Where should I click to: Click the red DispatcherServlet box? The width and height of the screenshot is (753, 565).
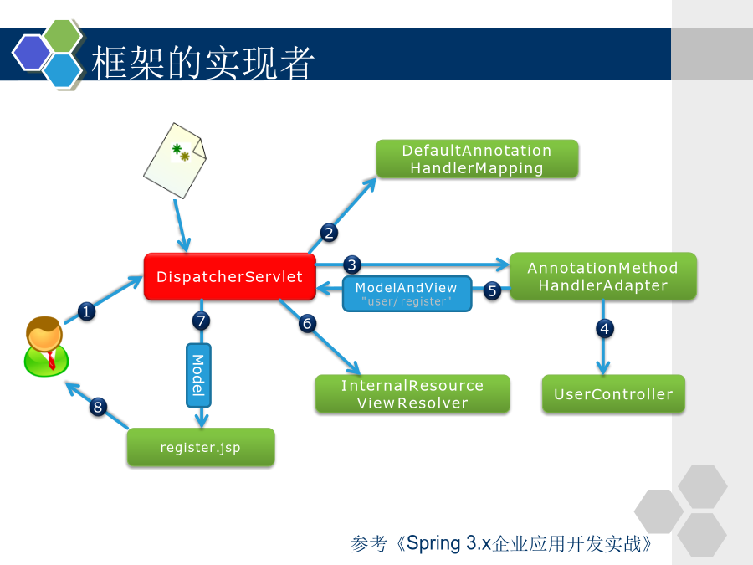[x=229, y=277]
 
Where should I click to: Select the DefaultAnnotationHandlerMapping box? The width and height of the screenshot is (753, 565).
[x=477, y=159]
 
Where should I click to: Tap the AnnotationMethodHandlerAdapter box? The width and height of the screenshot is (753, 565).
[x=602, y=276]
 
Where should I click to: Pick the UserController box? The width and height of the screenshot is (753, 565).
[x=613, y=394]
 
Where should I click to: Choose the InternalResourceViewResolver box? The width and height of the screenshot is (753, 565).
[x=412, y=394]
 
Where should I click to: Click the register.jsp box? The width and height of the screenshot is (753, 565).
[x=201, y=447]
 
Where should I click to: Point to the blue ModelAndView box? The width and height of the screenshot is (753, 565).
[x=407, y=294]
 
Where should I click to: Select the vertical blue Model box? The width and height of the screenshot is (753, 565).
[x=198, y=375]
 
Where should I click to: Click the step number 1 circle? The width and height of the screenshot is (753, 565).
[x=86, y=312]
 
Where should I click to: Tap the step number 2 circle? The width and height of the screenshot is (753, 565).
[x=329, y=233]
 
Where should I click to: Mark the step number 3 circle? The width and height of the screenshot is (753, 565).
[x=352, y=265]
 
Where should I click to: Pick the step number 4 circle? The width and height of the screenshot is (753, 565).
[x=605, y=329]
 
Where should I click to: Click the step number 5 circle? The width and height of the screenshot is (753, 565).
[x=492, y=290]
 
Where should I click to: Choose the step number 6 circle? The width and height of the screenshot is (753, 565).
[x=307, y=323]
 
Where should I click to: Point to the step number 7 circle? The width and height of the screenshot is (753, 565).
[x=201, y=321]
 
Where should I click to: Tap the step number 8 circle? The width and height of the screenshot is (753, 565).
[x=98, y=407]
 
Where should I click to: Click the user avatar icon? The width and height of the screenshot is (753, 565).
[x=46, y=347]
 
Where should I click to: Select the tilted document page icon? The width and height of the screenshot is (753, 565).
[x=175, y=160]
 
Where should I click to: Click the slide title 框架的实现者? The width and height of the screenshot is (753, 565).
[x=202, y=63]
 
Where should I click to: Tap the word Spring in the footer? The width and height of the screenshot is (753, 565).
[x=433, y=543]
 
